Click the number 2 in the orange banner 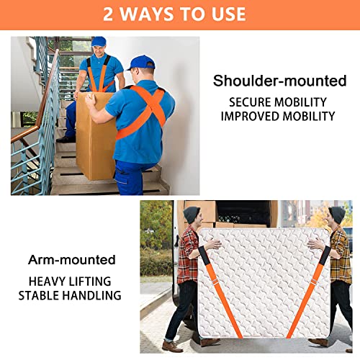click(x=110, y=14)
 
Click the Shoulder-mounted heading click(x=279, y=80)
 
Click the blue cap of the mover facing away click(x=141, y=63)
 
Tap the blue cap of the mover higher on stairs click(x=99, y=41)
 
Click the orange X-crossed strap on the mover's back click(x=143, y=108)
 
